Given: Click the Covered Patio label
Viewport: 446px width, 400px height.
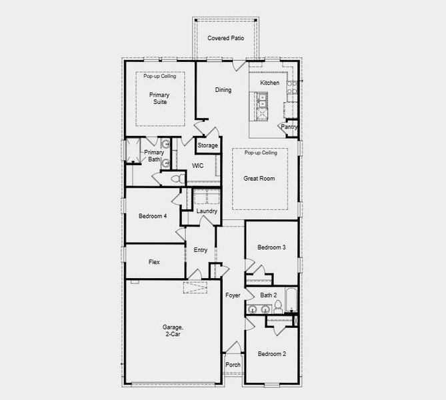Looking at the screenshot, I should (225, 38).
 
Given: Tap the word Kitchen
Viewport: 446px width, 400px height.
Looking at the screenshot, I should (270, 83).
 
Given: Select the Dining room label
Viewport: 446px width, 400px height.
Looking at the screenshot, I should (223, 90).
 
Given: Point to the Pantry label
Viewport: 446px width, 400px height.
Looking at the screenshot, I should (289, 127).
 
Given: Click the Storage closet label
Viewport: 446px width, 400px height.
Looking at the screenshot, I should (207, 145).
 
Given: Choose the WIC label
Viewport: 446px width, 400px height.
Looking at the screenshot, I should (198, 165).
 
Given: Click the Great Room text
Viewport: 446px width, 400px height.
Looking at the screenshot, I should (259, 178).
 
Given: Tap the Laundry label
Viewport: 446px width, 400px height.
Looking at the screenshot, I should (207, 211).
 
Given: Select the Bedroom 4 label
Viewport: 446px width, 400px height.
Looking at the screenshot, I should (153, 216).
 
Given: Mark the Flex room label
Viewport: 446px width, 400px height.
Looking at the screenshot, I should (154, 262).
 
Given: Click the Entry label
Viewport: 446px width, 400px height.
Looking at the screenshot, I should (200, 250).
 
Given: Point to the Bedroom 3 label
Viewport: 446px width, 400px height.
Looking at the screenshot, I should (272, 247).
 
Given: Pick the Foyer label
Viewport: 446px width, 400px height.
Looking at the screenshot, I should (232, 295).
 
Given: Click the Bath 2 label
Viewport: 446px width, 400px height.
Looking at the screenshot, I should (268, 295).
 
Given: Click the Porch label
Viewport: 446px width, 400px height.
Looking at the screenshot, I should (233, 365).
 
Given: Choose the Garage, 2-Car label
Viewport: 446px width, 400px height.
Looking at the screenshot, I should (171, 331).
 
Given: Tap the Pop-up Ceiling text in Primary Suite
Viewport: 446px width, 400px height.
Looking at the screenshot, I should (160, 77).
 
